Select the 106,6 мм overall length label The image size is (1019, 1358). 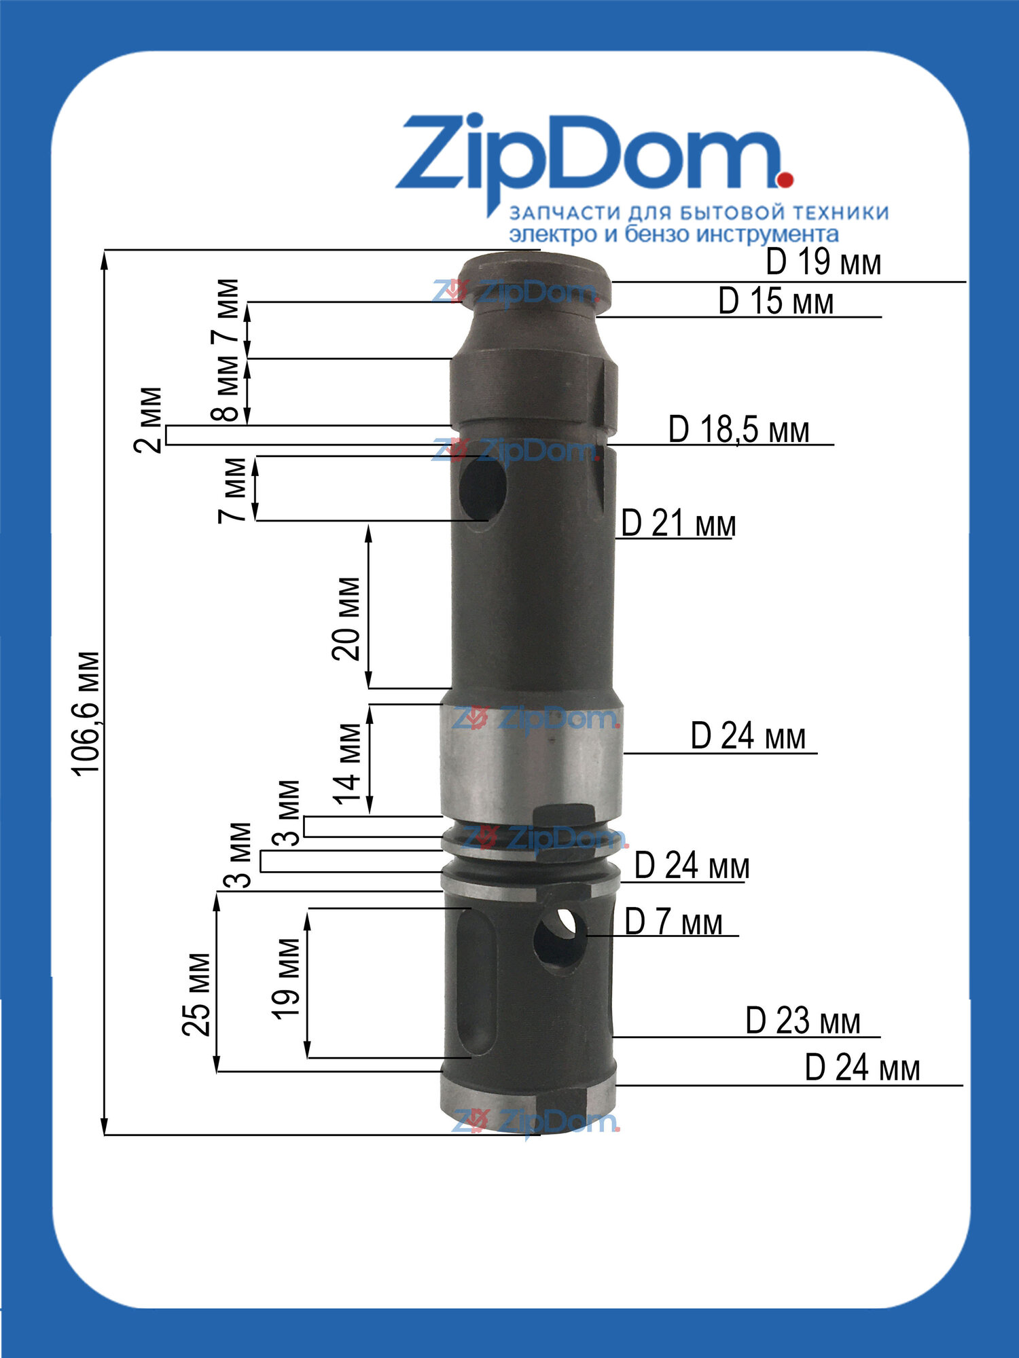coord(87,712)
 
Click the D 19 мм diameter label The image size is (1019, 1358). coord(823,263)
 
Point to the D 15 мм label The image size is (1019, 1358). coord(776,301)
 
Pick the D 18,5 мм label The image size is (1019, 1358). coord(739,430)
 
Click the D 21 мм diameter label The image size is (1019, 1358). coord(679,524)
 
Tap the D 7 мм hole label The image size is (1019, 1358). coord(673,922)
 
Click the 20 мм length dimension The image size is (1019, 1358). coord(346,618)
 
